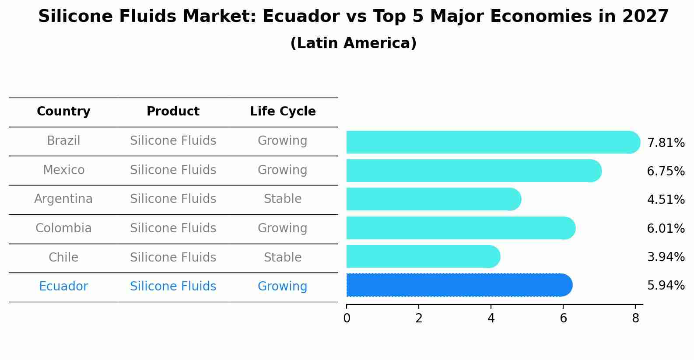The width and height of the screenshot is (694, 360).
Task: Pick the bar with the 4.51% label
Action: click(433, 199)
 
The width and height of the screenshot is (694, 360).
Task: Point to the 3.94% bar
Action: click(423, 256)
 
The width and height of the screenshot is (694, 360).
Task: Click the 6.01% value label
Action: click(666, 228)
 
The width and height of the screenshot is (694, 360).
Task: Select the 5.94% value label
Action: click(666, 286)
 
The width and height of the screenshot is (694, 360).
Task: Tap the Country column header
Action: click(63, 112)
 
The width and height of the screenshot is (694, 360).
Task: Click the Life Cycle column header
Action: click(283, 112)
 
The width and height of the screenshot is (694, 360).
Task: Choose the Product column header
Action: click(173, 112)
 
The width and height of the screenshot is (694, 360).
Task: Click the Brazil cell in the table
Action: click(63, 141)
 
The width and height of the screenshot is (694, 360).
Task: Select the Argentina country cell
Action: click(63, 199)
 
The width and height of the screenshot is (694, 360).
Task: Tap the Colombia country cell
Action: click(63, 228)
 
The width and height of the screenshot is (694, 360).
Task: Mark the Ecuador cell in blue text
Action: click(63, 287)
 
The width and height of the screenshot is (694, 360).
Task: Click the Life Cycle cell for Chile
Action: click(283, 257)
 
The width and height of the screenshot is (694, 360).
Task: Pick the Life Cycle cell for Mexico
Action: click(283, 170)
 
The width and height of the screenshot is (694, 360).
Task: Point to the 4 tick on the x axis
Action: click(491, 318)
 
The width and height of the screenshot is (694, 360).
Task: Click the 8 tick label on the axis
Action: click(635, 318)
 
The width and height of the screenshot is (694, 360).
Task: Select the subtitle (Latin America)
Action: click(353, 43)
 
